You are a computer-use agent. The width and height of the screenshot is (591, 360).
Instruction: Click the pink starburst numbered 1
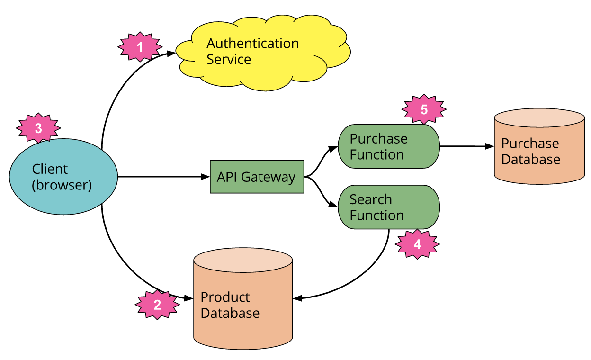coord(140,46)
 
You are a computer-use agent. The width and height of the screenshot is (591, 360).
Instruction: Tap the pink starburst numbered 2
coord(157,305)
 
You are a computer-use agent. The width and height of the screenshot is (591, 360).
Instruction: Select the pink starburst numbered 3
coord(39,128)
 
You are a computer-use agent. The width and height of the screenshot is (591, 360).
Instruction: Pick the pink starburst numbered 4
coord(417,244)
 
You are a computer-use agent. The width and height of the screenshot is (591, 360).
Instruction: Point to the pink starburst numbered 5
coord(424,109)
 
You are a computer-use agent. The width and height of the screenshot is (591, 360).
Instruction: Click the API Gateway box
coord(257,177)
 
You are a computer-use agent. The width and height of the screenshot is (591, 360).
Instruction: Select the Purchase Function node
coord(389,146)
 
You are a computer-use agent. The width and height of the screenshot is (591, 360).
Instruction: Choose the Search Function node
coord(389,207)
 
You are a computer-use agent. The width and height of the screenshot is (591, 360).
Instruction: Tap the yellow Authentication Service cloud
coord(263,52)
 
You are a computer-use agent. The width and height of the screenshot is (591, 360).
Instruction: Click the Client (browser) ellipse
coord(63,177)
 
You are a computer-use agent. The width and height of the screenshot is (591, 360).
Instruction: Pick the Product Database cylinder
coord(243,298)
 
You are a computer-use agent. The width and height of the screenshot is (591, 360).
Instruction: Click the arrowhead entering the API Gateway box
coord(206,177)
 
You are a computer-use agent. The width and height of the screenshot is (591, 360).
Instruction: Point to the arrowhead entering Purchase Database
coord(489,146)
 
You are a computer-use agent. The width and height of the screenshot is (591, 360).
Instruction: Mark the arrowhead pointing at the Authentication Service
coord(171,54)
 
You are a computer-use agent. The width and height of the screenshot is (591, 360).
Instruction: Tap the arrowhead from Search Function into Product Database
coord(298,298)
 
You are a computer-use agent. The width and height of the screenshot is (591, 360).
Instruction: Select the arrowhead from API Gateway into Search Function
coord(333,206)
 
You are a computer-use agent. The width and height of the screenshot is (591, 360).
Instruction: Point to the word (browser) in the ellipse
coord(62,185)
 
